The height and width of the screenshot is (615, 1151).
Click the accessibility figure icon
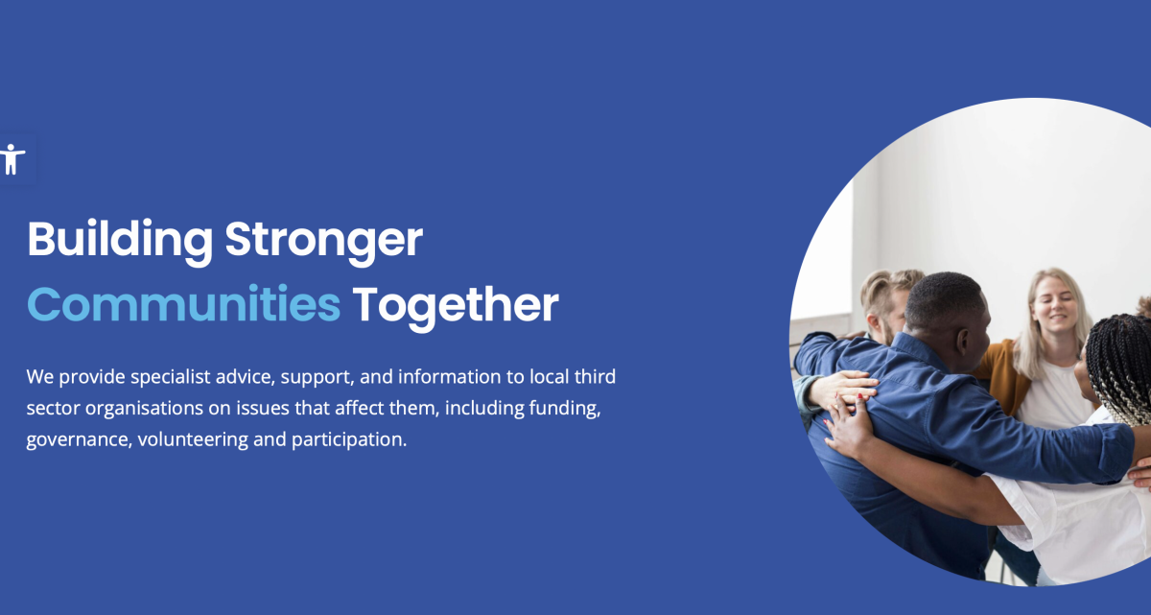tap(12, 158)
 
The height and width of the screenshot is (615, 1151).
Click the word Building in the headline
tap(120, 241)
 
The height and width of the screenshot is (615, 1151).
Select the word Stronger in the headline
tap(324, 242)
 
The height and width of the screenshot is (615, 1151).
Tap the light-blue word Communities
tap(183, 304)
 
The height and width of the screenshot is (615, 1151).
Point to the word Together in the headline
tap(456, 307)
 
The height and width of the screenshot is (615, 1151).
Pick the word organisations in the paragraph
tap(145, 409)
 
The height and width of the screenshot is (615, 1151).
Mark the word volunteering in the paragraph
tap(193, 440)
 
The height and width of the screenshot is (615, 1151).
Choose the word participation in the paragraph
tap(349, 440)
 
